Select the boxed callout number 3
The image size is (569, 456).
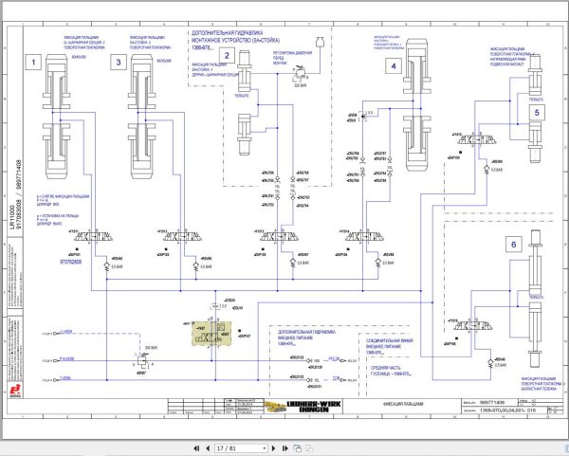(x=119, y=63)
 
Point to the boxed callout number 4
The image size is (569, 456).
(x=391, y=65)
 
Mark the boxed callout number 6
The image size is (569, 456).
(x=513, y=244)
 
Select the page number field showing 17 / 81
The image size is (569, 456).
(x=227, y=445)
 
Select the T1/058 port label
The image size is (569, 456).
(x=64, y=378)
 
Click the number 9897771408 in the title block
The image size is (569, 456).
(x=495, y=403)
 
